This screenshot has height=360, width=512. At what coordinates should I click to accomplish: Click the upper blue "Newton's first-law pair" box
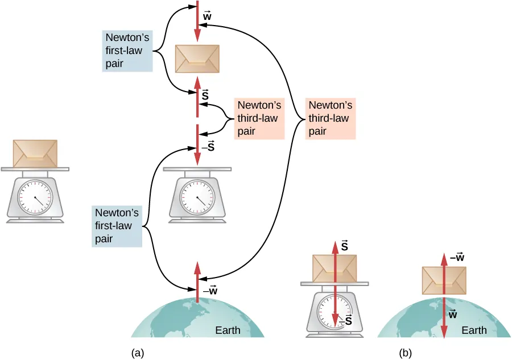127,51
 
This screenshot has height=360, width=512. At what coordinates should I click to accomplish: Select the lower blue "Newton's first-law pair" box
117,226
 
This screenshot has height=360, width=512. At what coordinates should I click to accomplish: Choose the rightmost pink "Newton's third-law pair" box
329,118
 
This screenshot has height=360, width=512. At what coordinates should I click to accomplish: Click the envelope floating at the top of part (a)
197,59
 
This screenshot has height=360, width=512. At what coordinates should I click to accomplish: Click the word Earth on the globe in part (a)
227,330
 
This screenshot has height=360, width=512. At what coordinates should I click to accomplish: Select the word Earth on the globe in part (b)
474,330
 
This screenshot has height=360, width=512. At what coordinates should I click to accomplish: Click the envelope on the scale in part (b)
335,268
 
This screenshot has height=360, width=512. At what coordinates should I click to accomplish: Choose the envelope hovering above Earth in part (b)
444,280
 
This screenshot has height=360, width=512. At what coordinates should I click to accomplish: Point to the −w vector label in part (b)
457,258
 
